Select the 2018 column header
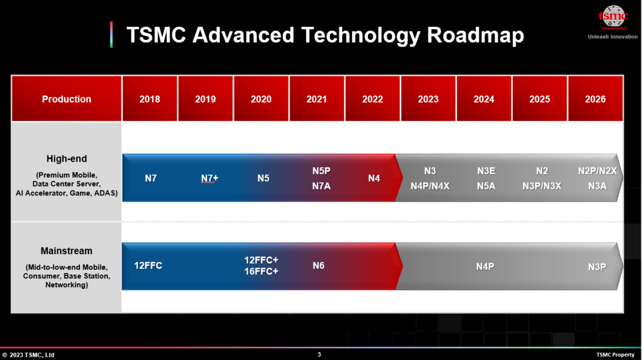[150, 99]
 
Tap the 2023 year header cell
[428, 99]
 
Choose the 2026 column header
[595, 99]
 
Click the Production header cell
[66, 99]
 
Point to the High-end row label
[66, 159]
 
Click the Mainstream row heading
[66, 251]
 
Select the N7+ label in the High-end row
[209, 178]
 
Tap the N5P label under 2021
[321, 170]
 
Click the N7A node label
[321, 185]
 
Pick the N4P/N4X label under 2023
[430, 185]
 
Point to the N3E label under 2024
[486, 171]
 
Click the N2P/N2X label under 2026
[598, 171]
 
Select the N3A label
[598, 185]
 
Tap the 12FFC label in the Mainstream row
[148, 265]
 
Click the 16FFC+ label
[261, 271]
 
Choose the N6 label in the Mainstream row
[319, 265]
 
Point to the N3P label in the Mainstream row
[597, 267]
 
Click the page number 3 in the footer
[319, 354]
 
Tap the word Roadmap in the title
[476, 35]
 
